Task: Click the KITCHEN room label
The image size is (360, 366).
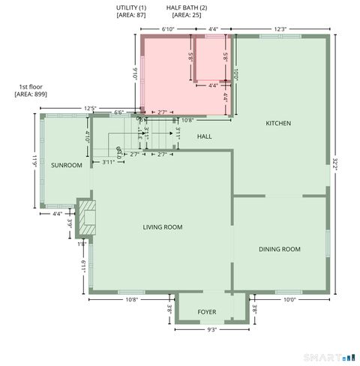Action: [277, 123]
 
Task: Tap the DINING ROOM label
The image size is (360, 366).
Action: [280, 249]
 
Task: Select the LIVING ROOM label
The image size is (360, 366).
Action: [163, 227]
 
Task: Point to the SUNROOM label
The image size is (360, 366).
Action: [66, 165]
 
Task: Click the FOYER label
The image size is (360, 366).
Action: [206, 312]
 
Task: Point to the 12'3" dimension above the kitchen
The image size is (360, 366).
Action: [280, 29]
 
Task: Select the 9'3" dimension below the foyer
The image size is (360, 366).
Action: [206, 329]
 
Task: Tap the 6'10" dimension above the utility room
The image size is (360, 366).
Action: [169, 29]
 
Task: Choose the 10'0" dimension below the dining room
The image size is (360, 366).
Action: [289, 299]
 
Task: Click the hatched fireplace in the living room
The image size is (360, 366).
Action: [88, 213]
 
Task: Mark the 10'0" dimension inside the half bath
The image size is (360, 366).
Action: [235, 75]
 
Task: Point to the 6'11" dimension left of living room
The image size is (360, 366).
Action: [82, 265]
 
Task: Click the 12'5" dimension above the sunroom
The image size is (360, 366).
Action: [90, 109]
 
